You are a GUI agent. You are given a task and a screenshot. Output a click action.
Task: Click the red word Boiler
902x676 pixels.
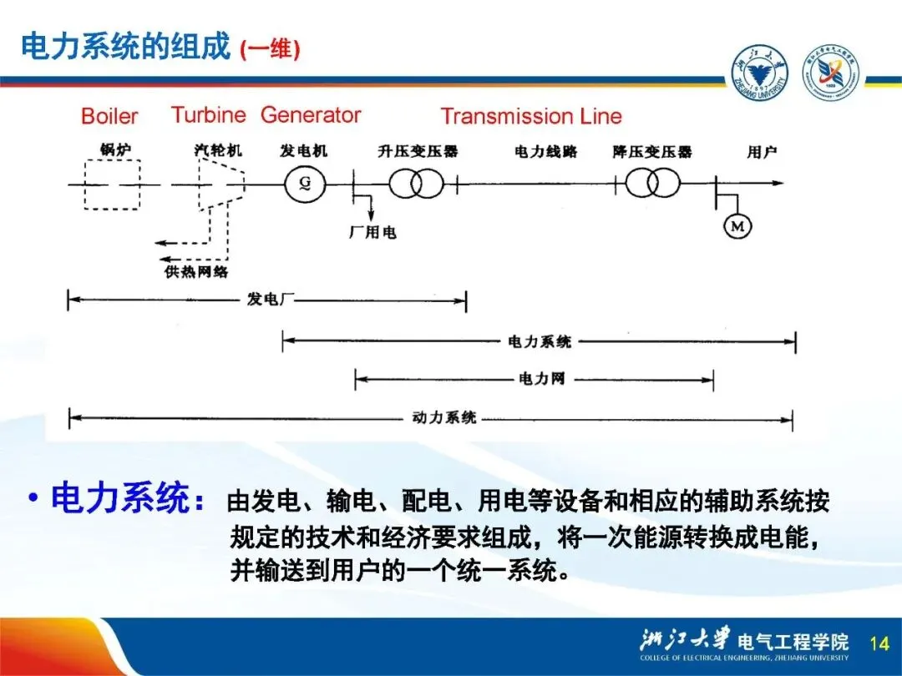click(109, 116)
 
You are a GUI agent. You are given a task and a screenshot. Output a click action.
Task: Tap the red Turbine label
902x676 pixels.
click(208, 115)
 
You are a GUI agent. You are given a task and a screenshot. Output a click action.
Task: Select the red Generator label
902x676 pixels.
click(311, 115)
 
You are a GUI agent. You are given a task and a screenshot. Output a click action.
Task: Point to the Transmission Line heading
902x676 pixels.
click(531, 116)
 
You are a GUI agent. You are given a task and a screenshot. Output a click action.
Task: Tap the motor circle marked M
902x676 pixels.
click(737, 225)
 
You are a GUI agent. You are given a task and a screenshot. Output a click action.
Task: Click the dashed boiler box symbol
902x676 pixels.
click(104, 184)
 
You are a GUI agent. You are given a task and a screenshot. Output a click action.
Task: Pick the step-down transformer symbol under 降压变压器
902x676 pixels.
click(652, 184)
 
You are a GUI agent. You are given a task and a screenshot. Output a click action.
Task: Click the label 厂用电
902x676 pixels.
click(372, 232)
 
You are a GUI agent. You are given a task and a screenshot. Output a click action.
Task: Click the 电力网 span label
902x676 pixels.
click(542, 380)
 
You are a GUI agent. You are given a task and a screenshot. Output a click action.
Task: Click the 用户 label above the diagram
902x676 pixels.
click(761, 152)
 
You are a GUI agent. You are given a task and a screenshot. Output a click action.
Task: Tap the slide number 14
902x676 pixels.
click(879, 643)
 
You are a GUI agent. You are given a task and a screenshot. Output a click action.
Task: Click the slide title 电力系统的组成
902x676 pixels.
click(125, 47)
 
